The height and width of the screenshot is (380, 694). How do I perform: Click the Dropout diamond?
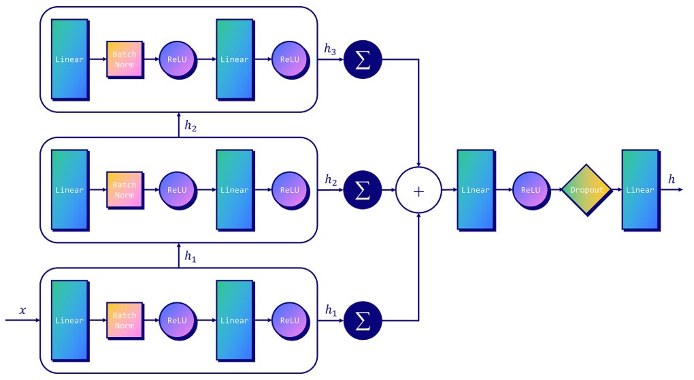[586, 190]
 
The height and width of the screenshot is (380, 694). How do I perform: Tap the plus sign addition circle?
[418, 191]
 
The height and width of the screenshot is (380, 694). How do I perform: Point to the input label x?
[22, 311]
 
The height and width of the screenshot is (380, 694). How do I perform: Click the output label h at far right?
[672, 179]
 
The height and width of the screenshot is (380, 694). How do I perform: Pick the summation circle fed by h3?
[363, 60]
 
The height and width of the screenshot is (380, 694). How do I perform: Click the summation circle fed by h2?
[363, 191]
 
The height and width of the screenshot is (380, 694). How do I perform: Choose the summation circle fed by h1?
[363, 321]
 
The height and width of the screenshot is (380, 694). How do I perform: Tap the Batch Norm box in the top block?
[124, 59]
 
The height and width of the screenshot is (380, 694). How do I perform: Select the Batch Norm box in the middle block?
[124, 190]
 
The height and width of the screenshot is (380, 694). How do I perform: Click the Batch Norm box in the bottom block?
[124, 320]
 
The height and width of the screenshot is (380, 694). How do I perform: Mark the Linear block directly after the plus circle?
[475, 190]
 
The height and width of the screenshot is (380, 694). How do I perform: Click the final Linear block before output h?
[640, 190]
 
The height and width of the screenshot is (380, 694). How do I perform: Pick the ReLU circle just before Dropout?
[530, 190]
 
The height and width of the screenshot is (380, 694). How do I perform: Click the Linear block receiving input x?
[69, 320]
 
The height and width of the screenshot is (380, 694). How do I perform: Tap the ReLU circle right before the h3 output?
[289, 59]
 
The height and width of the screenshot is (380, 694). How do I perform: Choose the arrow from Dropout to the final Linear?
[616, 190]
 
